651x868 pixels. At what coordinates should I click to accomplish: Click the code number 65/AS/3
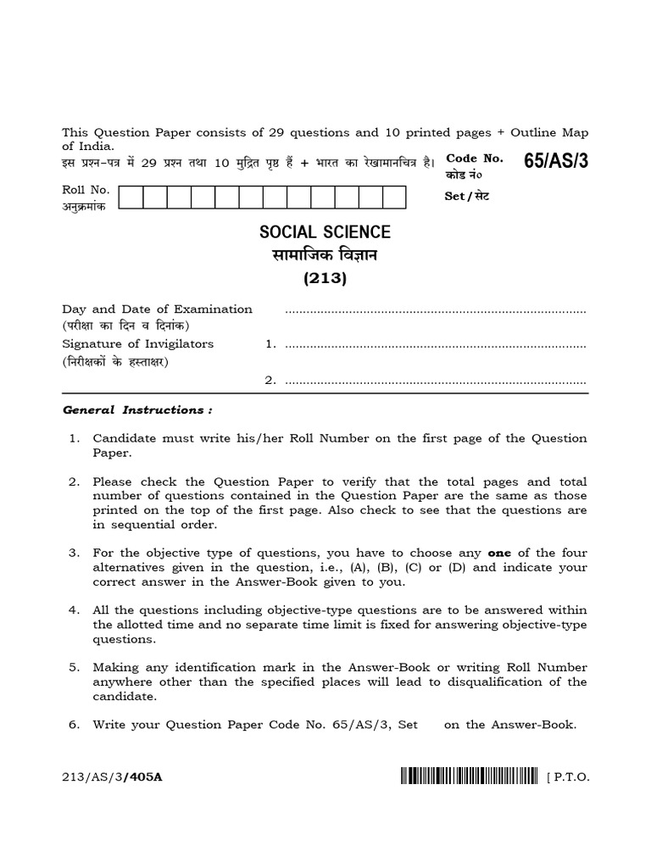[555, 162]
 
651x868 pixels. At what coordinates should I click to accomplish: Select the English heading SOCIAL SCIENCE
[325, 231]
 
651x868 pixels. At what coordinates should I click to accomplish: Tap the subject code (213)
[325, 278]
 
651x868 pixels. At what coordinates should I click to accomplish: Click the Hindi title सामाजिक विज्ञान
[325, 255]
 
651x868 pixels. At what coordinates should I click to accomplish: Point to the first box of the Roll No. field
[131, 198]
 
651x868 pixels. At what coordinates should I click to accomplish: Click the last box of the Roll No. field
[395, 198]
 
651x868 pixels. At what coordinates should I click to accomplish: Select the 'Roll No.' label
[86, 191]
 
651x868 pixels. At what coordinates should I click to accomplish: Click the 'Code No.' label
[475, 159]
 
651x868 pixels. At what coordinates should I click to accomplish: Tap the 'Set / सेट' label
[467, 196]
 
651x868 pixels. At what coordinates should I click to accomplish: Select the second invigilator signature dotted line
[436, 382]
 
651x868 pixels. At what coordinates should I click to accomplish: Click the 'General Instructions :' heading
[137, 410]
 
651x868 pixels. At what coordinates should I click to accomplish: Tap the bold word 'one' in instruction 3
[499, 554]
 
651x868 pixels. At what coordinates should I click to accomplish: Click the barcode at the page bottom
[468, 775]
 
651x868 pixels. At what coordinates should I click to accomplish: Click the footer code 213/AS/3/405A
[111, 776]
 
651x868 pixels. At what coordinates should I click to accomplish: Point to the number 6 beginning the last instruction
[74, 725]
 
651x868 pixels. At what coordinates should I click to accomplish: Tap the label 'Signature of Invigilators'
[137, 344]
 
